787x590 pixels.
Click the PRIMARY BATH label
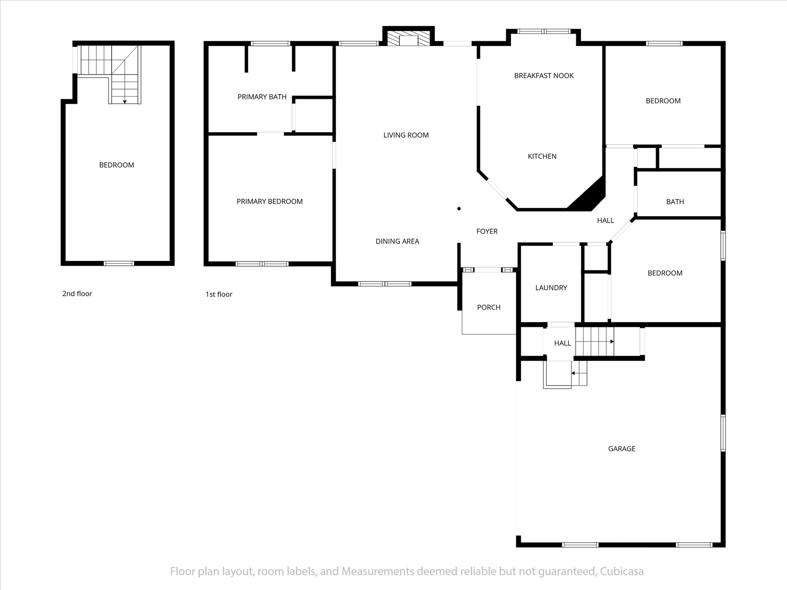point(262,97)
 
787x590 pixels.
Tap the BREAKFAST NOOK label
point(544,76)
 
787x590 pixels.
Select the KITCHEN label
point(542,156)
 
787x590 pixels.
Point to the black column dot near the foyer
point(459,209)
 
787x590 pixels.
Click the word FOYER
point(487,231)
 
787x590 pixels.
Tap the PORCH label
point(489,307)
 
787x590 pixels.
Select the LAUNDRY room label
point(551,288)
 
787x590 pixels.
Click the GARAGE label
point(621,449)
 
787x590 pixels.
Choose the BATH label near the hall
point(675,202)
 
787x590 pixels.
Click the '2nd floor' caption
point(77,294)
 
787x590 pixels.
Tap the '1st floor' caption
point(219,294)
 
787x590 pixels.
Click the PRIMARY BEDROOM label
point(269,201)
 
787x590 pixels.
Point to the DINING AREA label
point(397,241)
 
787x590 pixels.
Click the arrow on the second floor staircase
point(125,101)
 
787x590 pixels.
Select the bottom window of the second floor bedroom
point(119,264)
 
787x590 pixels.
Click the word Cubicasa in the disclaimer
point(621,572)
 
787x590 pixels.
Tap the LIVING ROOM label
point(406,135)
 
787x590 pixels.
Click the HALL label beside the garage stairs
point(562,343)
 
